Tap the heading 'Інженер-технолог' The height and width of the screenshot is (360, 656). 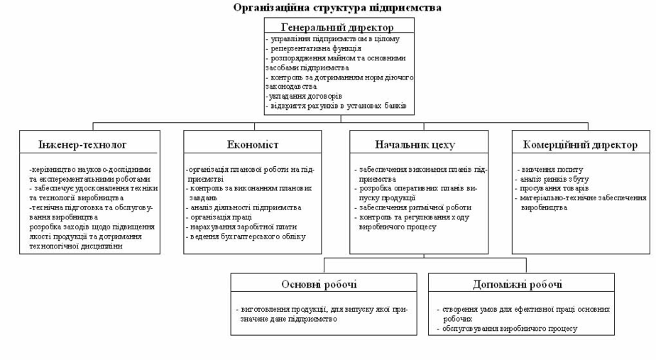(82, 145)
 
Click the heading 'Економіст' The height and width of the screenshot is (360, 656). (253, 145)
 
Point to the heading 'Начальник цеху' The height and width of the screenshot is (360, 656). (415, 145)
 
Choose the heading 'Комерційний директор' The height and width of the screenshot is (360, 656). (580, 145)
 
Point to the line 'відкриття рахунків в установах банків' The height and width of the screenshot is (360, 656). (336, 106)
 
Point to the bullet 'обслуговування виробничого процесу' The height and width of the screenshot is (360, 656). (510, 329)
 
